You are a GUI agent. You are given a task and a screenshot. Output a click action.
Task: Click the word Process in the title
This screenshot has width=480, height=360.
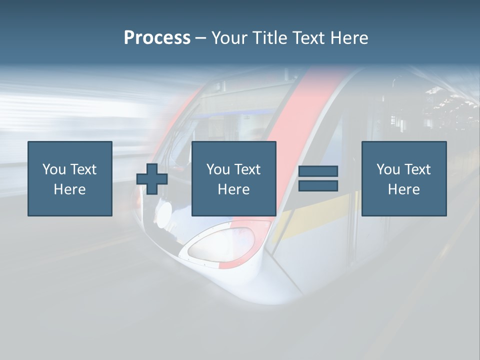coord(157,38)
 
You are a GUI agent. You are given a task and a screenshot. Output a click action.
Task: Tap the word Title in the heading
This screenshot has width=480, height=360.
coord(271,38)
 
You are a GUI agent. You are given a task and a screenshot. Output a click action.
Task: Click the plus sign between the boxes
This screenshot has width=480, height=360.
coord(152,179)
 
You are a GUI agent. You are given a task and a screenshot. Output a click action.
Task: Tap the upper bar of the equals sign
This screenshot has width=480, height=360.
coord(318,171)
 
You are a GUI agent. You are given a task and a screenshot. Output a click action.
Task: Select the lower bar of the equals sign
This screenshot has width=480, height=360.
coord(318,185)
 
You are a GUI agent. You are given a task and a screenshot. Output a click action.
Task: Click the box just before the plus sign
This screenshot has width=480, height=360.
coord(70,178)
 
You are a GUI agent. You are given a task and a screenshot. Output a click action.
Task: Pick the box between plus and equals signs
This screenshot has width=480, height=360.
coord(234,178)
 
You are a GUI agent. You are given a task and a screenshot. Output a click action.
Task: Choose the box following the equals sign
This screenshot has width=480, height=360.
coord(404,178)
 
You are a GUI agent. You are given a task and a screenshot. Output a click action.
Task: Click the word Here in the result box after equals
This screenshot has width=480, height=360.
coord(404,189)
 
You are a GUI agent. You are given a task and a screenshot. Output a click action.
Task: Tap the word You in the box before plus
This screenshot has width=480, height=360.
coord(53,169)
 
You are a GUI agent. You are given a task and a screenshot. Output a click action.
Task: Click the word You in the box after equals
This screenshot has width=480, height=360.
coord(387,169)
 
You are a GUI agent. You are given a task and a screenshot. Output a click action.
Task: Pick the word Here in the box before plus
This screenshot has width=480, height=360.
coord(70,189)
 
